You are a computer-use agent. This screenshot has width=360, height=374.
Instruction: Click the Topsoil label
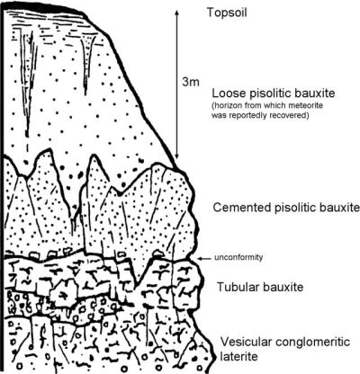227,13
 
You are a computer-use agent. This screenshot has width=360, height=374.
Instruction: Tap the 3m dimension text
191,82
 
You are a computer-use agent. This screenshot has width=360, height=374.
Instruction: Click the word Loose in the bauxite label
229,93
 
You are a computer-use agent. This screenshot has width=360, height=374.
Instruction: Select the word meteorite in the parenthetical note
309,106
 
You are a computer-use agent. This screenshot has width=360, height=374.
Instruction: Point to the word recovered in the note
292,116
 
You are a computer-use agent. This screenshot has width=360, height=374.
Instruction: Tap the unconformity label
238,257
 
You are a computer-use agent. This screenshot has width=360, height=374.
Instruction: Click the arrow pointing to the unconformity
205,258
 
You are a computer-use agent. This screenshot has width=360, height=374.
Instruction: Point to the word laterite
239,357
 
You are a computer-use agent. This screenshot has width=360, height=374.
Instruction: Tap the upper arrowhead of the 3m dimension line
177,12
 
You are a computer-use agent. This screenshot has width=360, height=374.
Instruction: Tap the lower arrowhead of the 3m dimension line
177,156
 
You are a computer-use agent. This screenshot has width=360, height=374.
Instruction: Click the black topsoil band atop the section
45,7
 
